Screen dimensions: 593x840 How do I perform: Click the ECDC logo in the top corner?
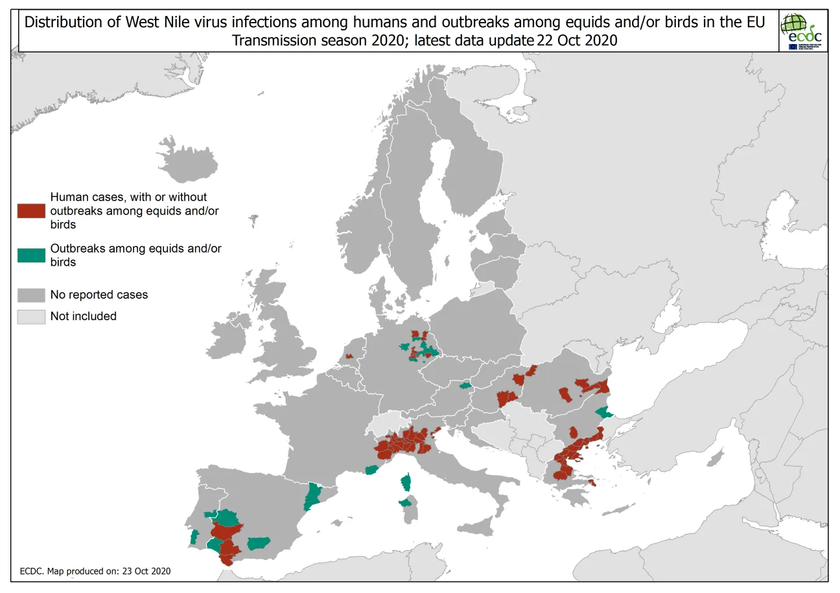(x=802, y=31)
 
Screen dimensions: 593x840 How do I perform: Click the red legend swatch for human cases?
(x=31, y=211)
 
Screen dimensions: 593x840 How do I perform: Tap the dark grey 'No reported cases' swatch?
(x=31, y=295)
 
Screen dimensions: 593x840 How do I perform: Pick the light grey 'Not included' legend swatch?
(x=31, y=316)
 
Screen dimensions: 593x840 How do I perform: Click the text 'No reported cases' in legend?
(x=99, y=295)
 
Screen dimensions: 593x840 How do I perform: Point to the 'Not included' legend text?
(x=84, y=316)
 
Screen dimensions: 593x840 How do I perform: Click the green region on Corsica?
(x=406, y=482)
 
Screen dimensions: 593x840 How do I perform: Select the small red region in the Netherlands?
(x=349, y=356)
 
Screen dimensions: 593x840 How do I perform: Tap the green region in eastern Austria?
(x=465, y=385)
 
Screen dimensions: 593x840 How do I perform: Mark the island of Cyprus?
(x=716, y=460)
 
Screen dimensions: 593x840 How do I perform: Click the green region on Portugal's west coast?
(x=193, y=537)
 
